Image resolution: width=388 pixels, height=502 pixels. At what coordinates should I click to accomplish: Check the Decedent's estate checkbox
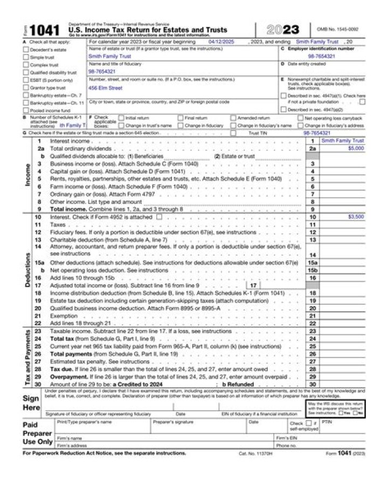(26, 49)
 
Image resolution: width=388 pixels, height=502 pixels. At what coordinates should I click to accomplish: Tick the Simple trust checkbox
(26, 57)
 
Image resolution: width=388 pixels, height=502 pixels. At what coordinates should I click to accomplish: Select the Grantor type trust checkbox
(26, 87)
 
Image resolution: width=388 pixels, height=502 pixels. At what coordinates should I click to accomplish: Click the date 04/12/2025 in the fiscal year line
(221, 41)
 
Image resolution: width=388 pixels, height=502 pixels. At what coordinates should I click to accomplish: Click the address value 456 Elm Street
(105, 88)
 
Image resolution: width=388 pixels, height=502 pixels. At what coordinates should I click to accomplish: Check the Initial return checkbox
(121, 118)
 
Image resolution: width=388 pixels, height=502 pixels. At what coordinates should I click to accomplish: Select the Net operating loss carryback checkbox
(300, 118)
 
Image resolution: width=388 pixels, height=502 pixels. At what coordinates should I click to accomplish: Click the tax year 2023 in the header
(283, 30)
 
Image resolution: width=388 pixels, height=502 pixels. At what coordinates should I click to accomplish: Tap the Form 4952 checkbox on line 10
(159, 216)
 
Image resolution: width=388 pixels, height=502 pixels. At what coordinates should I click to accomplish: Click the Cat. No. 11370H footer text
(256, 453)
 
